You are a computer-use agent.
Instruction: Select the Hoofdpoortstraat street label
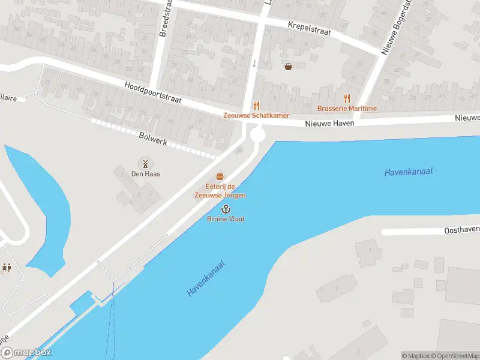coord(152,92)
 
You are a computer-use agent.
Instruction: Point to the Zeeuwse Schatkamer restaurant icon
coord(256,106)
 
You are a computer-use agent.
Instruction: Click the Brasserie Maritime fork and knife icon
coord(347,99)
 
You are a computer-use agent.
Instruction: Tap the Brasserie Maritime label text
coord(347,109)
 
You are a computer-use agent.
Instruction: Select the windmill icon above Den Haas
coord(145,164)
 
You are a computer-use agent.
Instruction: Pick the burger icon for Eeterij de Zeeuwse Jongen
coord(220,176)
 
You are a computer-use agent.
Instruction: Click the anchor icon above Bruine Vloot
coord(226,209)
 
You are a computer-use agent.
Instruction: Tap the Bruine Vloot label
coord(226,219)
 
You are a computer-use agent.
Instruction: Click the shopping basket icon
coord(288,67)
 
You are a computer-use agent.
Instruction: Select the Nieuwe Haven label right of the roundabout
coord(329,123)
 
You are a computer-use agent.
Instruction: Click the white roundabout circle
coord(258,136)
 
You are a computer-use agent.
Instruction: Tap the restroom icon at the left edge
coord(7,268)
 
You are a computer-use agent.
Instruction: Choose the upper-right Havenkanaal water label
coord(408,172)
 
